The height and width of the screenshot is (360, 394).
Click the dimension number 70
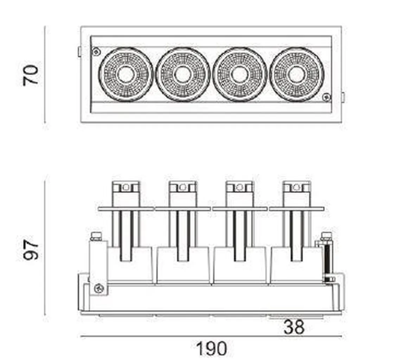31,75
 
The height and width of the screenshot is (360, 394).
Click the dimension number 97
31,250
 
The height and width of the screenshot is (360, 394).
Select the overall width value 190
211,349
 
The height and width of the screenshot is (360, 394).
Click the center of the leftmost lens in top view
126,74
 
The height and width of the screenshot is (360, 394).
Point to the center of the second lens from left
183,74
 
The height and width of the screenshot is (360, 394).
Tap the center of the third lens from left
240,74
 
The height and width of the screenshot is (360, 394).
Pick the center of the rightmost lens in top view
296,74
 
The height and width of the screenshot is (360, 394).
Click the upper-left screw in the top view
95,52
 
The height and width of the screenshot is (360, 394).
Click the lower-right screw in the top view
327,96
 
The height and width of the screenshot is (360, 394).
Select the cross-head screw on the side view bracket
98,289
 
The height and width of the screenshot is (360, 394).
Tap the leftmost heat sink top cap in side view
126,187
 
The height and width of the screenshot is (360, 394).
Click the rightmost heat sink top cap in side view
297,187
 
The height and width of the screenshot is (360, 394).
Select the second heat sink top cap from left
183,187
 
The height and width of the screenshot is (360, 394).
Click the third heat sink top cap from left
240,187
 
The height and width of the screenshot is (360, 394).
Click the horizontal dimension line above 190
211,337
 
